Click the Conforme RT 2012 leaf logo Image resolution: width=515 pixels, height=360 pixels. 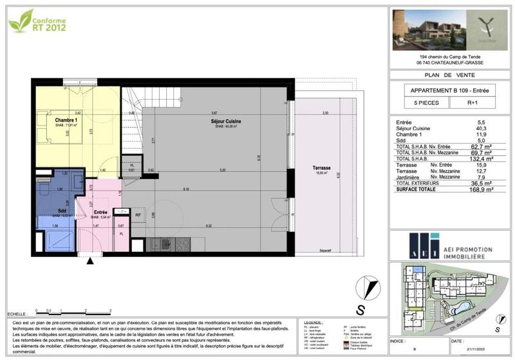[x=37, y=21]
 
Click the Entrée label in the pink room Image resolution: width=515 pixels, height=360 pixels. [x=100, y=213]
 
